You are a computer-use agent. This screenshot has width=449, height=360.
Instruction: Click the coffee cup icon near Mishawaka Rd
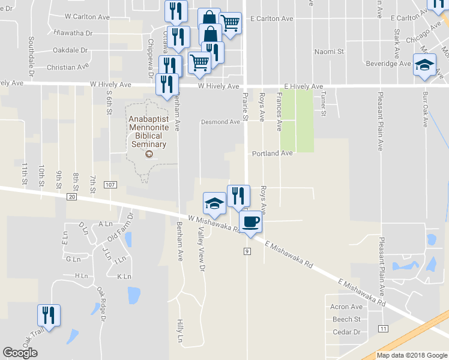pos(251,221)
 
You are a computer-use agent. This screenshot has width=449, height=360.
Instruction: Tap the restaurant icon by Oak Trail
pos(48,315)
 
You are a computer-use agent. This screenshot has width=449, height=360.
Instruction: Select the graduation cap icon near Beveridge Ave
pos(424,65)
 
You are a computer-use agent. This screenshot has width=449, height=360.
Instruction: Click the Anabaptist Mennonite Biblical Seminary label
pos(149,131)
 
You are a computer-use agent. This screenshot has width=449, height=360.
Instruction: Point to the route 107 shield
pos(109,184)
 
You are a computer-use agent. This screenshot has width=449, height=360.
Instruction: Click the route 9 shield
pos(247,251)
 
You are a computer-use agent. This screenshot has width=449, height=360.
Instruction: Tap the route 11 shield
pos(383,328)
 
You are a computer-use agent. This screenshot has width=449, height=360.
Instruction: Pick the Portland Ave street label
pos(272,154)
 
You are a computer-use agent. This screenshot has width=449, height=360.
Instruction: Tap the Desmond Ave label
pos(220,122)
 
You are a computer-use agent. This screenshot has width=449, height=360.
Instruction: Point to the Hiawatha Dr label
pos(73,33)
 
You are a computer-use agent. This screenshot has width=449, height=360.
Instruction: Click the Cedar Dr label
pos(346,332)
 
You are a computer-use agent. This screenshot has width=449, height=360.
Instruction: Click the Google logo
pos(20,353)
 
